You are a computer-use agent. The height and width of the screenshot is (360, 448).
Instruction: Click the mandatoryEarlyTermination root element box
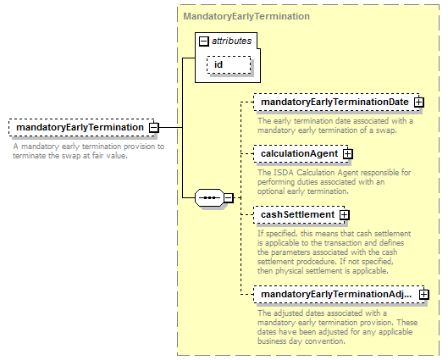(81, 127)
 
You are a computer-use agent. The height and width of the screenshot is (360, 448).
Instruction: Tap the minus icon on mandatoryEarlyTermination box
(154, 127)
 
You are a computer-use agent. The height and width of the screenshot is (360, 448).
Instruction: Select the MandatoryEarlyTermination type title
(246, 16)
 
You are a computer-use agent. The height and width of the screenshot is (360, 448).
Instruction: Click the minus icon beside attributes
(204, 42)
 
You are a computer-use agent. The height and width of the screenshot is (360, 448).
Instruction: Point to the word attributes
(232, 41)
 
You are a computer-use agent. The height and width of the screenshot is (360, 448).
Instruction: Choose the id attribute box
(229, 65)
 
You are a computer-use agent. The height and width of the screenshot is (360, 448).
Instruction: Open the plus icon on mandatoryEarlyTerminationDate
(418, 102)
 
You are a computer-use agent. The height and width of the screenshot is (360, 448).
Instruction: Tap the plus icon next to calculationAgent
(347, 154)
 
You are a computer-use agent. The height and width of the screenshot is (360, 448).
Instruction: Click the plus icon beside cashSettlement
(345, 215)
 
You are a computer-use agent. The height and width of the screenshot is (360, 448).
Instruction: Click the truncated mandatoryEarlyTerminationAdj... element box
(339, 294)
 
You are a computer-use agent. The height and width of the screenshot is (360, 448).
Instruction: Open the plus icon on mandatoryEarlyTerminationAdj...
(423, 295)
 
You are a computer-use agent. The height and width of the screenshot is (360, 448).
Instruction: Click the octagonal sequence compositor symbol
(209, 197)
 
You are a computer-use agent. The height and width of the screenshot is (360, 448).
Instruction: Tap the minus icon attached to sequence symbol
(229, 197)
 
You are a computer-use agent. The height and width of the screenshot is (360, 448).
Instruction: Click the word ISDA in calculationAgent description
(285, 173)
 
